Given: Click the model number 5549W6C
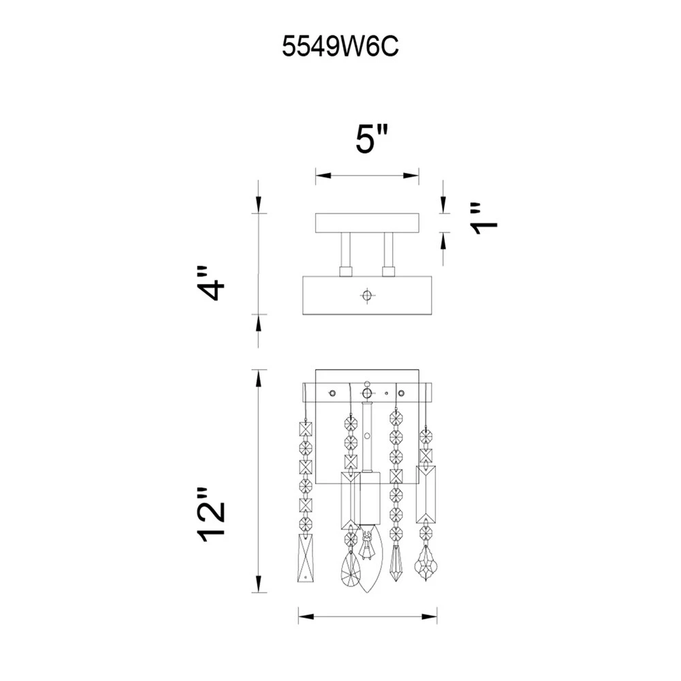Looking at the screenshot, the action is point(340,46).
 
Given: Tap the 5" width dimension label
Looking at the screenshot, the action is point(371,139).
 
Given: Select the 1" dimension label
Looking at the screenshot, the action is point(484,219).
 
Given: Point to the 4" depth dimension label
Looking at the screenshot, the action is point(210,283).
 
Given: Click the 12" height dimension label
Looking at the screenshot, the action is point(212,516).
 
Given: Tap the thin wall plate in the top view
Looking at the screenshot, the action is point(367,223).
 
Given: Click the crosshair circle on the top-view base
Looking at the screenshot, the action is point(368,296).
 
